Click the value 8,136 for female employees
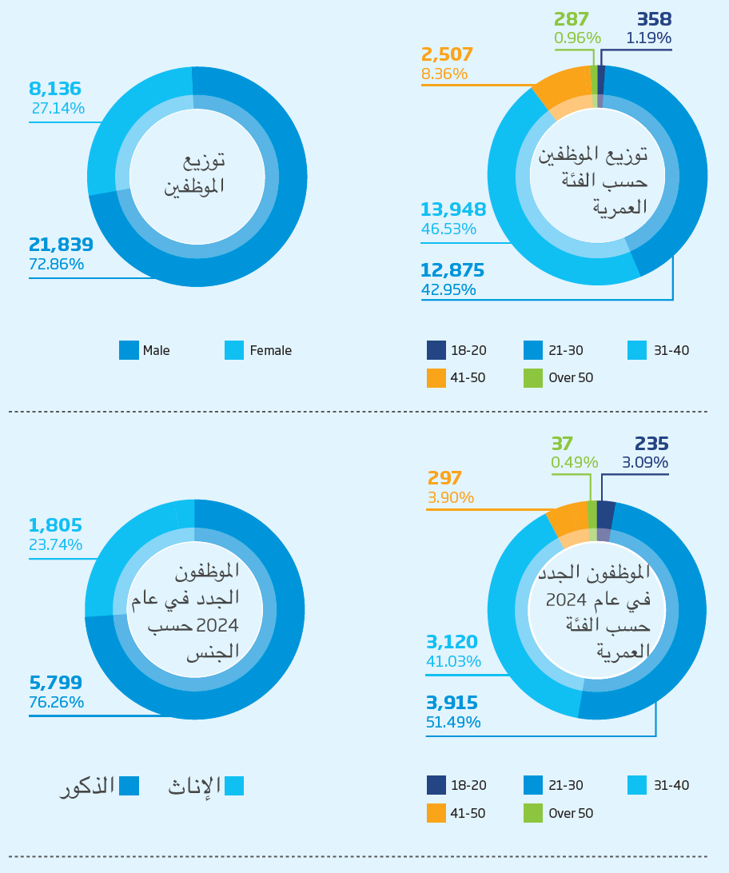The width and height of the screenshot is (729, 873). tap(55, 90)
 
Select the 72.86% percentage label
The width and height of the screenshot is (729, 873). tap(56, 265)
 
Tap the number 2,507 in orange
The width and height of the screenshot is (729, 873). tap(447, 54)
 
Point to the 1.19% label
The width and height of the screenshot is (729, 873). tap(648, 38)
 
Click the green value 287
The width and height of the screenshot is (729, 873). tap(572, 19)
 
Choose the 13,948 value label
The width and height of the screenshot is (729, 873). tap(453, 210)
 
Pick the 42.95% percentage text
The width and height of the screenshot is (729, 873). tap(448, 289)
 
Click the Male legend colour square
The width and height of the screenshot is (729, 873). tap(129, 350)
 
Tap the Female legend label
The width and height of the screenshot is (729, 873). tap(270, 350)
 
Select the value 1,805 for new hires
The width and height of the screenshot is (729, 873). tap(55, 525)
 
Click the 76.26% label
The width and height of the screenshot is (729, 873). tap(56, 703)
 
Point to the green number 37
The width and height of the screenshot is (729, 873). tap(562, 444)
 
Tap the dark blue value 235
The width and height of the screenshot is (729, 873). tap(651, 444)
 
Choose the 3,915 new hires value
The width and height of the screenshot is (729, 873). tap(452, 703)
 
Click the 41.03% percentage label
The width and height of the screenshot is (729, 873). tap(453, 661)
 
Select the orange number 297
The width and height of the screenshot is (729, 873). tap(444, 478)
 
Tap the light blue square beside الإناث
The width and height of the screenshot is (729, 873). tap(234, 786)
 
